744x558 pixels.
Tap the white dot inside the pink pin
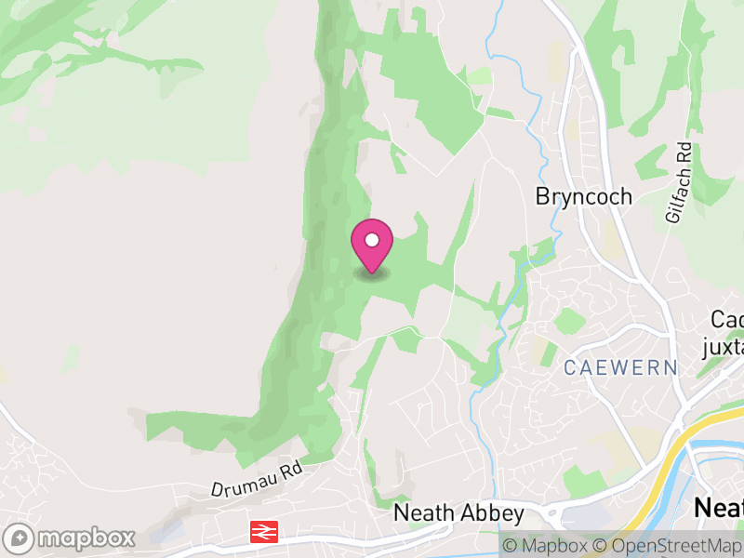(x=372, y=240)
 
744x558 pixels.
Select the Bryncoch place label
(x=584, y=197)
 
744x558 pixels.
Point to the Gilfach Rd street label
(x=678, y=182)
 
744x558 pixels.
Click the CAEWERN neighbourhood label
(x=621, y=367)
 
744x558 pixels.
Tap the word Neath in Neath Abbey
(x=424, y=513)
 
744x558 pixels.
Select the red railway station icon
(x=264, y=532)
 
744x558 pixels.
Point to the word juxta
(x=724, y=347)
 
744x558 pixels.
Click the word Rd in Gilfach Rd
(x=684, y=154)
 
